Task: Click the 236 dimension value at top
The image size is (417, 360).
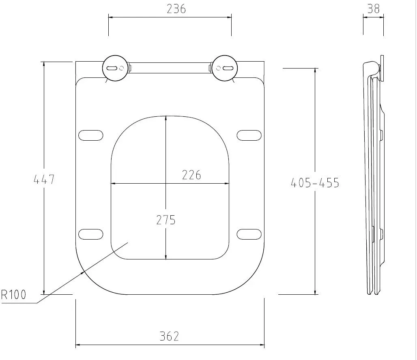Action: coord(176,9)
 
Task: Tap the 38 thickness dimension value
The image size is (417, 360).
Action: coord(373,9)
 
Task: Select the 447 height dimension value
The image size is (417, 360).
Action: coord(44,179)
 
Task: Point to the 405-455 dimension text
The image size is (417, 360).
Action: coord(315,183)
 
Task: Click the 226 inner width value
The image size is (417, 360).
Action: coord(191,175)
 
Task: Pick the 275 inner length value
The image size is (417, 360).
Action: coord(166,220)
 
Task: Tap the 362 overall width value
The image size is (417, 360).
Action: coord(169,336)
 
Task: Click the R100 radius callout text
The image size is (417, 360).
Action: coord(14,295)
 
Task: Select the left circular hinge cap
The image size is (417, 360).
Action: coord(116,69)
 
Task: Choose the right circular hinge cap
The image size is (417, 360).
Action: coord(224,69)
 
